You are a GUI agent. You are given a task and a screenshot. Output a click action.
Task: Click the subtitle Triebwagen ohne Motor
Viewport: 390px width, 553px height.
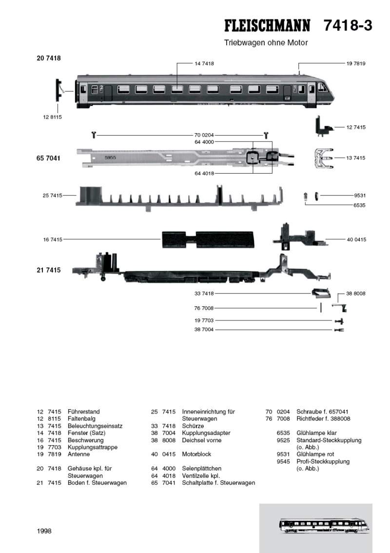(x=266, y=43)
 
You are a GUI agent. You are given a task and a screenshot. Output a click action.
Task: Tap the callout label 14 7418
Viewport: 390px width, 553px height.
(x=204, y=63)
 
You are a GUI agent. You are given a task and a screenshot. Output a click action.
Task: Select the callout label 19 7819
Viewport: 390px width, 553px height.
(x=356, y=63)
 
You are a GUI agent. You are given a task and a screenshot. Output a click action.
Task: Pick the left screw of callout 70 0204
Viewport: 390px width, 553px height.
(x=93, y=134)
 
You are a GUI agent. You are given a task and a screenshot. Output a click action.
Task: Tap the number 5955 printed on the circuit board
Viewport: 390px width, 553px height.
(x=111, y=158)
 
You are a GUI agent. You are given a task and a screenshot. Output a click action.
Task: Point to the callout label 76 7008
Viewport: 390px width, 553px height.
(x=204, y=308)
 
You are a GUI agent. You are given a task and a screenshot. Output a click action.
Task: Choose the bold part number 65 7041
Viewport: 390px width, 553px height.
(x=48, y=158)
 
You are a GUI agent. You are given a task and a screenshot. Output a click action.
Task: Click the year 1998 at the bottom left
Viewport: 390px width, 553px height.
(x=44, y=531)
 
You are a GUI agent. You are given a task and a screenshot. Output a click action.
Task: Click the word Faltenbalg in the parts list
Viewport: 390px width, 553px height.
(x=81, y=418)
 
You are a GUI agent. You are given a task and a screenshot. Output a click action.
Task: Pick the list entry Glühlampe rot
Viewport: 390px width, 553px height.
(x=313, y=454)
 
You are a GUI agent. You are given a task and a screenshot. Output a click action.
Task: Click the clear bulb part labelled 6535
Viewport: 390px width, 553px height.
(x=306, y=196)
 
